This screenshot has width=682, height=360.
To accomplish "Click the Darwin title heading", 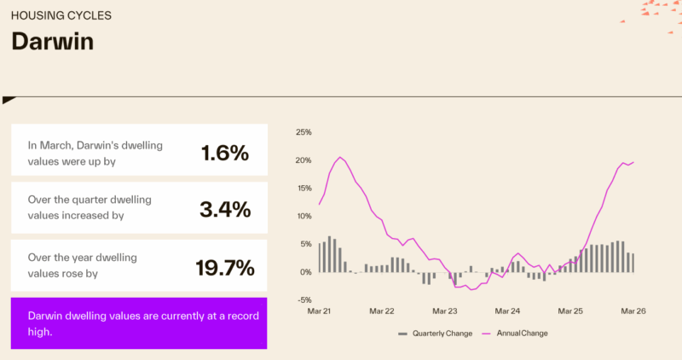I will coord(52,42).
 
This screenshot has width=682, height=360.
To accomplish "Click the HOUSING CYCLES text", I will coord(61,15).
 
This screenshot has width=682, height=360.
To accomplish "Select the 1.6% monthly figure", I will coord(224,154).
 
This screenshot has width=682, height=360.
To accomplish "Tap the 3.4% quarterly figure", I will coord(224,209).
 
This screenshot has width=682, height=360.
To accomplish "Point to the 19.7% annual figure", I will coord(224,268).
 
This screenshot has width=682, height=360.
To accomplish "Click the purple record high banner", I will coord(139,323).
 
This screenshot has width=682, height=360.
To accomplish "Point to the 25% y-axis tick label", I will coord(303,132).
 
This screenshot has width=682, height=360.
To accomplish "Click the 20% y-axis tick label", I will coord(303,160).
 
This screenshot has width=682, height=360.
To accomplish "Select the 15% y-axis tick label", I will coord(303,189).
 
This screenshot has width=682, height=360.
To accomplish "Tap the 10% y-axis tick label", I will coord(303,216).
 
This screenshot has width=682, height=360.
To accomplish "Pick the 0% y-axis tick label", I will coord(306,272).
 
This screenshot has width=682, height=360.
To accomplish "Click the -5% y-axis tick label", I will coord(304,299).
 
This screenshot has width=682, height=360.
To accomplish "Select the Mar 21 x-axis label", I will coord(320,312).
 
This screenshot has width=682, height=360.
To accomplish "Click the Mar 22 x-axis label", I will coord(382,312).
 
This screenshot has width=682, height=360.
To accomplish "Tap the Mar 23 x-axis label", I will coord(445,312).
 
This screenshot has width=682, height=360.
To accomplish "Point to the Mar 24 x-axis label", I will coord(507,312).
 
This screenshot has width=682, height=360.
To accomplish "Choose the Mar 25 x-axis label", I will coord(569,312).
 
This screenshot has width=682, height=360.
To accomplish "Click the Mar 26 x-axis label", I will coord(632,312).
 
